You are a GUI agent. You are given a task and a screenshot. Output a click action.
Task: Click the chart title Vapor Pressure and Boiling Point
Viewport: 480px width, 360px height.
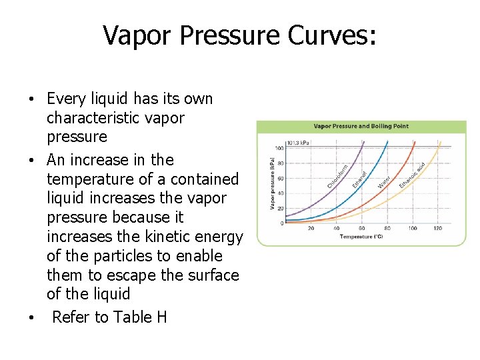(x=361, y=126)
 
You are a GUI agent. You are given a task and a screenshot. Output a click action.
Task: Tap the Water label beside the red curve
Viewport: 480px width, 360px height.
(x=385, y=180)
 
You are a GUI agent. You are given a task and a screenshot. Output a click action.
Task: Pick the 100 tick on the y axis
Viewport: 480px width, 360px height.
(x=280, y=148)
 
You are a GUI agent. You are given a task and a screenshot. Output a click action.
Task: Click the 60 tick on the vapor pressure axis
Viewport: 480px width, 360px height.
(x=281, y=179)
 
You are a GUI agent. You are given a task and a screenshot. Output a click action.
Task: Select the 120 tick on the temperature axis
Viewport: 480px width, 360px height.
(x=437, y=229)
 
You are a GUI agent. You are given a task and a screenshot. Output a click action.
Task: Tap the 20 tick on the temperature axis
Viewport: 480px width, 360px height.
(x=311, y=229)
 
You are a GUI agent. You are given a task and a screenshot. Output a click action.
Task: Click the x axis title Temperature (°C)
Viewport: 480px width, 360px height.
(x=361, y=237)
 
